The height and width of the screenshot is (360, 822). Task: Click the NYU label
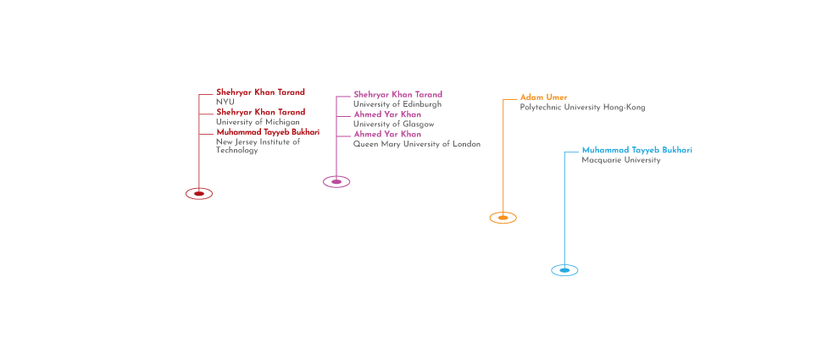(225, 102)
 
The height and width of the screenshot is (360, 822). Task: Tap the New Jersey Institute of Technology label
(258, 146)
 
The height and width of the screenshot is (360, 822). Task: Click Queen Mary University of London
(416, 144)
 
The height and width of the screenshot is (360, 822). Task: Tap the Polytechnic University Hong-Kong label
(581, 108)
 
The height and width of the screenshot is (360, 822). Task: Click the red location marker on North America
(198, 193)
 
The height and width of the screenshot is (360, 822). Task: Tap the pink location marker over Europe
(336, 181)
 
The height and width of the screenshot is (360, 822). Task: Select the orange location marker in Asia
(503, 218)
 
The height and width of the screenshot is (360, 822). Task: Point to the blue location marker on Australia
(564, 269)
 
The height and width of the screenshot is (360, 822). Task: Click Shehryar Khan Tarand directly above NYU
(260, 91)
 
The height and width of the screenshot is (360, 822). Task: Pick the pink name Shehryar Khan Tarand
(397, 94)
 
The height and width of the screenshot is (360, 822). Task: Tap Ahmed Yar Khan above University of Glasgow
(386, 114)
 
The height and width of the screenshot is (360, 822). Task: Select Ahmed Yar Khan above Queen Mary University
(386, 134)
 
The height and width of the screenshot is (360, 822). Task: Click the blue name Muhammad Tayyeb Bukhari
(636, 150)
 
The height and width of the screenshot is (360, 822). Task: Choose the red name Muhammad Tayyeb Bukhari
(268, 132)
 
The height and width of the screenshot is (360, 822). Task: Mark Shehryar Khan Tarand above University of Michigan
(260, 112)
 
